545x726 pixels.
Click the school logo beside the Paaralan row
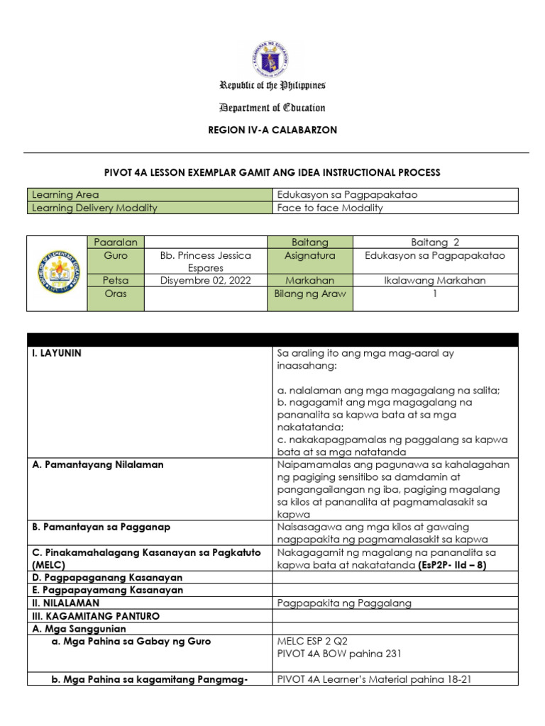[56, 273]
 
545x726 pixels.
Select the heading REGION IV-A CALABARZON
[272, 130]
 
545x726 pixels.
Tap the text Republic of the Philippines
[272, 86]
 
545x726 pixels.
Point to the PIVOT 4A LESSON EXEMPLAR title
[272, 172]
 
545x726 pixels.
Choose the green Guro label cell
[115, 255]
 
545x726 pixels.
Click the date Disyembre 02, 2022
[205, 281]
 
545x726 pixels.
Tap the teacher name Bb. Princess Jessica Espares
[205, 262]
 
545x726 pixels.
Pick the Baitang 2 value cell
[435, 242]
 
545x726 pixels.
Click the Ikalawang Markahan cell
[435, 281]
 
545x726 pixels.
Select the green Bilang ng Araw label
[309, 294]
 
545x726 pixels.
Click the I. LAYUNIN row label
[57, 353]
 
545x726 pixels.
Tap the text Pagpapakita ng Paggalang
[343, 603]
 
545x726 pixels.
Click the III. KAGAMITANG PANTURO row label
[96, 616]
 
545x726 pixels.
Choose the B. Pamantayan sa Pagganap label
[101, 527]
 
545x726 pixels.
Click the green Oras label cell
[115, 294]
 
